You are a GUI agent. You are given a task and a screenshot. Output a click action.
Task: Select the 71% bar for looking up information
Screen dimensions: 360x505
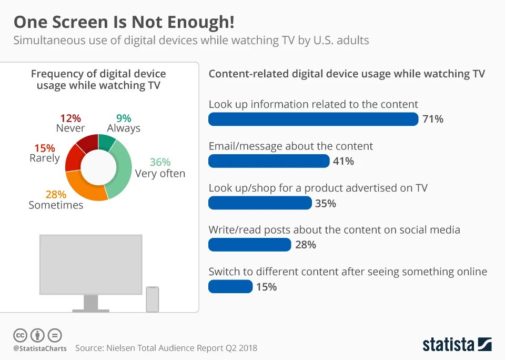click(x=313, y=119)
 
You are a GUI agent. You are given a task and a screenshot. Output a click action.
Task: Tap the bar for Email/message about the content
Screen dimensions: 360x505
click(x=269, y=161)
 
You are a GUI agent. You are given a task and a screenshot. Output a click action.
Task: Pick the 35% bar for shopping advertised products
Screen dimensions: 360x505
click(x=260, y=203)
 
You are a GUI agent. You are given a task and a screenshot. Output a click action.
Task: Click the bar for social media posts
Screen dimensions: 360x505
click(x=249, y=245)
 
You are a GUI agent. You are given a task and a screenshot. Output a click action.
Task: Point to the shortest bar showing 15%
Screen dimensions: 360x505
click(x=230, y=286)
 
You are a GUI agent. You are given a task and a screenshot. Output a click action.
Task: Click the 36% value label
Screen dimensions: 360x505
click(x=160, y=162)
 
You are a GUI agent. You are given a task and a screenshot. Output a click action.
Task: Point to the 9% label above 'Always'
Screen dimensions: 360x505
click(x=124, y=118)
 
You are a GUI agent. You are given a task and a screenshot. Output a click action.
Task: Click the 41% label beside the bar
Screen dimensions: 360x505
click(x=344, y=162)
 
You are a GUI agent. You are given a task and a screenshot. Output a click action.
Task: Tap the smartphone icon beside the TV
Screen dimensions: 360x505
click(x=152, y=299)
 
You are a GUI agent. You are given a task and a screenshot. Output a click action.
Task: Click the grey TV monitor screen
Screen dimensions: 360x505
click(x=91, y=264)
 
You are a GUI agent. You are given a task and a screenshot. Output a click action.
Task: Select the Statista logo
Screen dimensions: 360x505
click(x=457, y=345)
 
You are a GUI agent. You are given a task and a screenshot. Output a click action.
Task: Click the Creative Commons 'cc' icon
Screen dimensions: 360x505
click(x=20, y=335)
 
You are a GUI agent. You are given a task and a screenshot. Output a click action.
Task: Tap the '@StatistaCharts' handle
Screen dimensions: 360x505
click(x=40, y=348)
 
